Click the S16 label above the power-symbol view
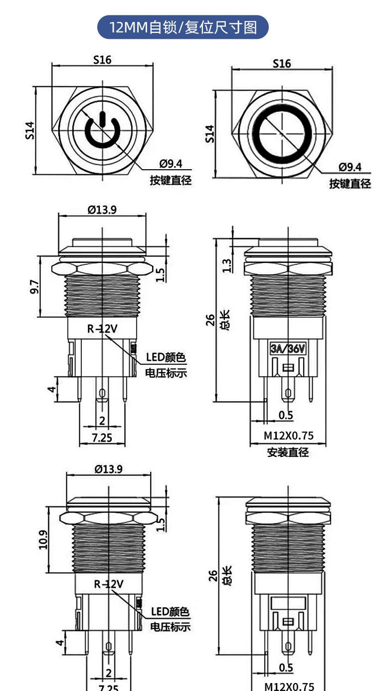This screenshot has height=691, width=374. (102, 60)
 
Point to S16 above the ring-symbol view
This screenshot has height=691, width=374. (281, 64)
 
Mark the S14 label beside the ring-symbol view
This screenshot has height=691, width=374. (210, 134)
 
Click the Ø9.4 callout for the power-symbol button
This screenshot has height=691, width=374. (171, 164)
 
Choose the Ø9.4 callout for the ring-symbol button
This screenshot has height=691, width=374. (350, 167)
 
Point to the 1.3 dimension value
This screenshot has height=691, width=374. (227, 264)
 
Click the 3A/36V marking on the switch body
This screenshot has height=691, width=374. (287, 349)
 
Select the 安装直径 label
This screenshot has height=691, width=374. (288, 453)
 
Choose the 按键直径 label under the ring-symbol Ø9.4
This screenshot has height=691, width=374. (350, 184)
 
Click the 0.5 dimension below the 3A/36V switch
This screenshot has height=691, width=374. (286, 415)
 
